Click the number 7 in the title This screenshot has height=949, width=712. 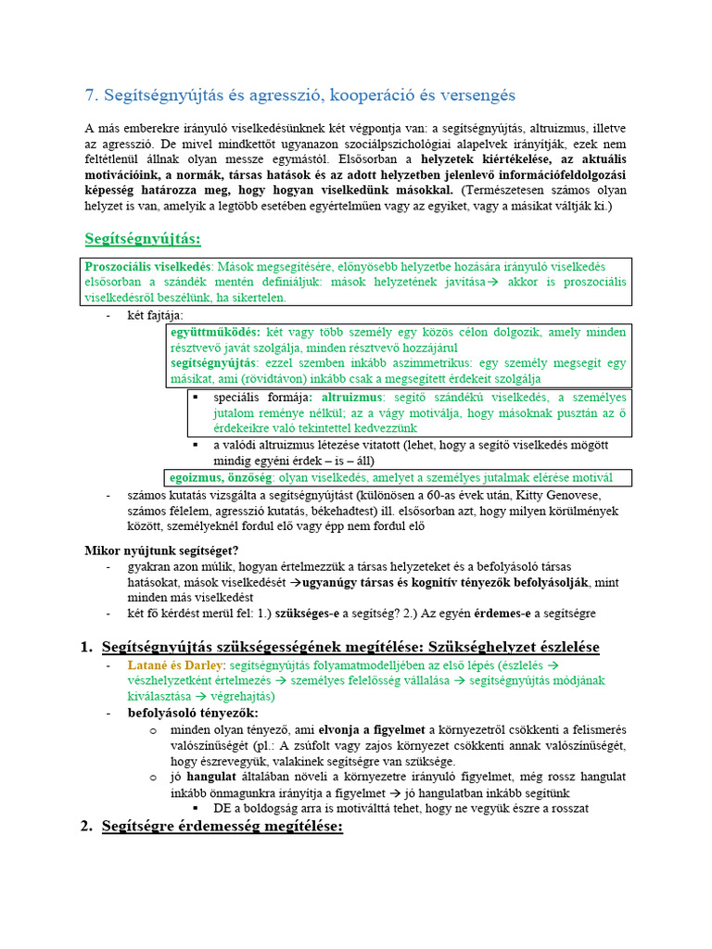[x=89, y=95]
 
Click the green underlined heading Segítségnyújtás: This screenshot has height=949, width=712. [x=142, y=239]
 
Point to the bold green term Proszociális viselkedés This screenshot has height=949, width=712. [x=148, y=265]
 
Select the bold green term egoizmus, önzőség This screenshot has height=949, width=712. [x=222, y=477]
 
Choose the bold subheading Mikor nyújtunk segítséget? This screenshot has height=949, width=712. [x=161, y=550]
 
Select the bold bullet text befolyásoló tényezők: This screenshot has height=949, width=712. [x=193, y=713]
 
